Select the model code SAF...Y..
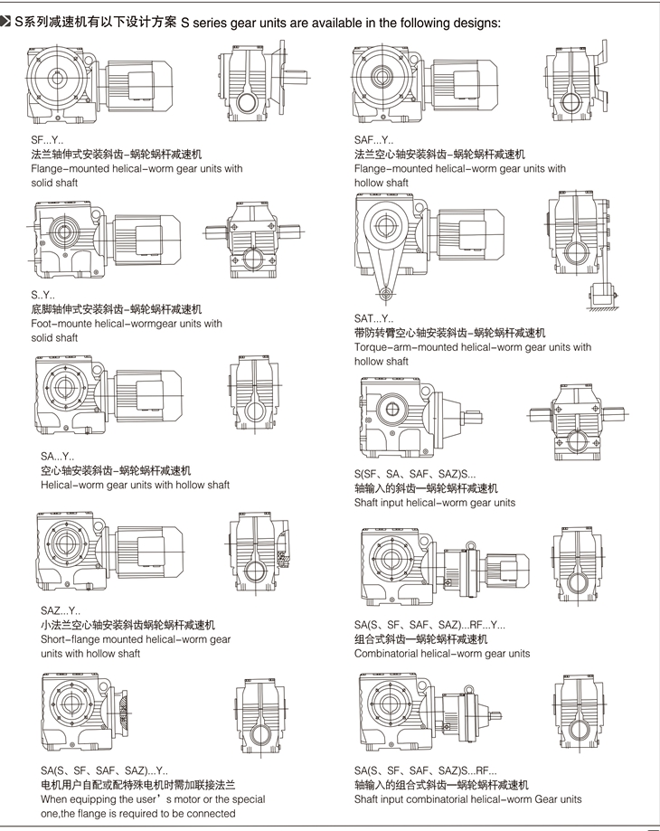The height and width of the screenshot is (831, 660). pyautogui.click(x=373, y=140)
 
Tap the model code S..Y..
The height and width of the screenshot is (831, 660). pyautogui.click(x=42, y=295)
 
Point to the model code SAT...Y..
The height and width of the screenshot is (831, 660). pyautogui.click(x=373, y=318)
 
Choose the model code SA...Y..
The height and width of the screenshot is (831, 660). pyautogui.click(x=58, y=457)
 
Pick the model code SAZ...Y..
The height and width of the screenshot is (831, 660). pyautogui.click(x=60, y=610)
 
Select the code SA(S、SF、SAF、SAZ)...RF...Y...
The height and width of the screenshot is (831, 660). pyautogui.click(x=429, y=625)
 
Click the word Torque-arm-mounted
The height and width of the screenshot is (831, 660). pyautogui.click(x=408, y=347)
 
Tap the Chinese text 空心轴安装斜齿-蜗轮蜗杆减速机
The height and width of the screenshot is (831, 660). pyautogui.click(x=116, y=471)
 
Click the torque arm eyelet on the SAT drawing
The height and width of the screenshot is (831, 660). pyautogui.click(x=386, y=293)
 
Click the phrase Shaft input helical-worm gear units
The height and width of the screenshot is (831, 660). pyautogui.click(x=435, y=503)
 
